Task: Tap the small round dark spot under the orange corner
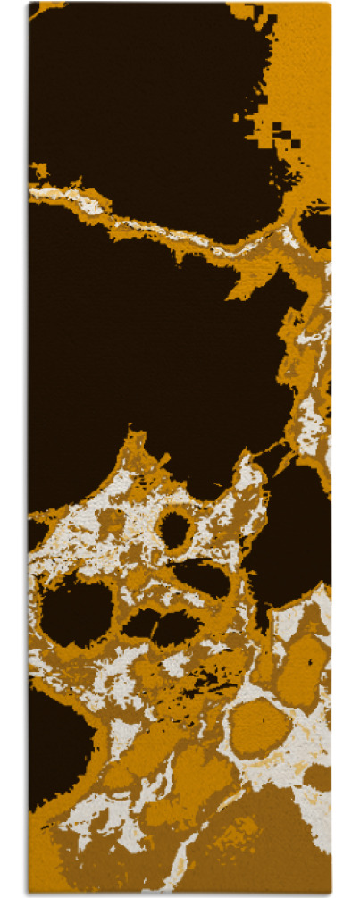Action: point(314,228)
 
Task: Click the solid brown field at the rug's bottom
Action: point(268,849)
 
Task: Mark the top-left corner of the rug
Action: point(29,4)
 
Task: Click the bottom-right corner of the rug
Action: point(331,893)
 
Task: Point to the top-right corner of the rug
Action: point(331,4)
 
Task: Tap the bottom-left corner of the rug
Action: point(29,893)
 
